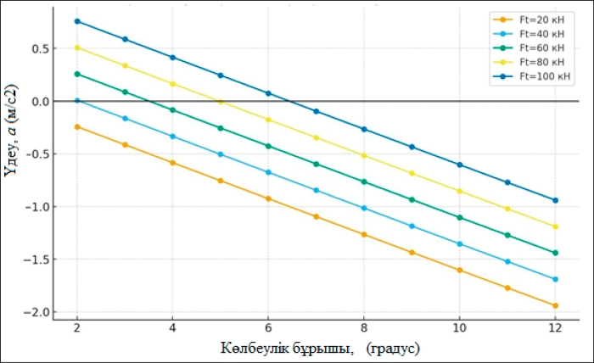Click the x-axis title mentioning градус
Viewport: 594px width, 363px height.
click(321, 348)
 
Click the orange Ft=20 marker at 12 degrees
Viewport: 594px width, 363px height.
click(555, 305)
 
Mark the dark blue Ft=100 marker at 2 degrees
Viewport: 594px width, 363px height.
click(77, 21)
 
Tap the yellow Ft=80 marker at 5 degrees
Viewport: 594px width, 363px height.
click(221, 101)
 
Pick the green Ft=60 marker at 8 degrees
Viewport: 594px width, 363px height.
click(364, 181)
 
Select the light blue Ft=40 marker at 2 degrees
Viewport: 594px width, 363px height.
click(77, 101)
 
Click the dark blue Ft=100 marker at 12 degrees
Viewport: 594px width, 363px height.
click(555, 200)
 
